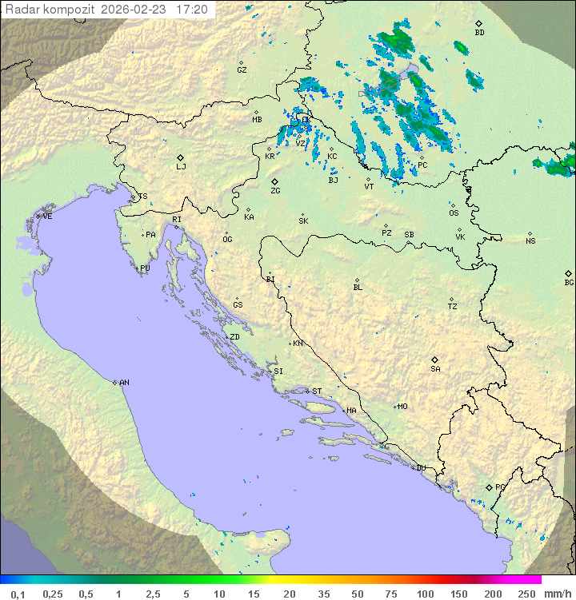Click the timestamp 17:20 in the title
point(192,10)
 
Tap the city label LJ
point(181,167)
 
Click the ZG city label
point(275,191)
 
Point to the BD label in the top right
point(479,33)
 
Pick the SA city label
point(435,369)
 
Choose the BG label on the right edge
point(569,282)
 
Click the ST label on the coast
point(317,391)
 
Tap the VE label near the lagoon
point(47,217)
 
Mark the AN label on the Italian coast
point(124,383)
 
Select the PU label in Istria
point(145,268)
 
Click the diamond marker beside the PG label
point(489,487)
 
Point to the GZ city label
point(242,70)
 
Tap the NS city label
point(530,241)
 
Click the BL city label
point(358,288)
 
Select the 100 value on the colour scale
point(425,594)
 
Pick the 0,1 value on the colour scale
point(18,594)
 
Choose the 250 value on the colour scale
point(526,594)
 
